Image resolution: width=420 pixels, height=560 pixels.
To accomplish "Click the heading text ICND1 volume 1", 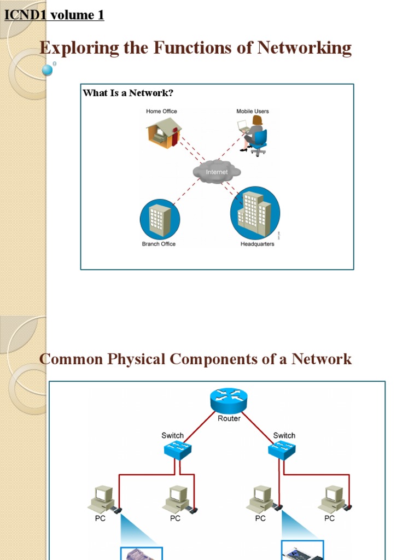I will click(54, 15).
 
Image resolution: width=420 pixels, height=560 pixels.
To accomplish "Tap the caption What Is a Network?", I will click(128, 93).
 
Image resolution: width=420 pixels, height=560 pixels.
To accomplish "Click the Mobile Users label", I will click(252, 111).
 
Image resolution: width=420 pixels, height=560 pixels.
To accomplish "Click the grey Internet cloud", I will click(217, 172).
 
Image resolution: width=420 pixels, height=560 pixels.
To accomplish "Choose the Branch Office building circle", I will click(160, 219).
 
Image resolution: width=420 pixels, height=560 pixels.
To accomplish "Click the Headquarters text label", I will click(257, 244).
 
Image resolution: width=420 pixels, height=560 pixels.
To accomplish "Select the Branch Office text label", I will click(159, 244).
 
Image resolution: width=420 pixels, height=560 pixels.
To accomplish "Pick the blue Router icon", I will click(229, 401).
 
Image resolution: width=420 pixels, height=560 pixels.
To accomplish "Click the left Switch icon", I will click(177, 450).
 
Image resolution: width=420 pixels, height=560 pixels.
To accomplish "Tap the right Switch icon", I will click(282, 450).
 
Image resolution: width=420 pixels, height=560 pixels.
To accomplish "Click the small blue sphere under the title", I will click(48, 70).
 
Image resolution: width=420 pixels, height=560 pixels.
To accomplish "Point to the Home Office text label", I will click(161, 111).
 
